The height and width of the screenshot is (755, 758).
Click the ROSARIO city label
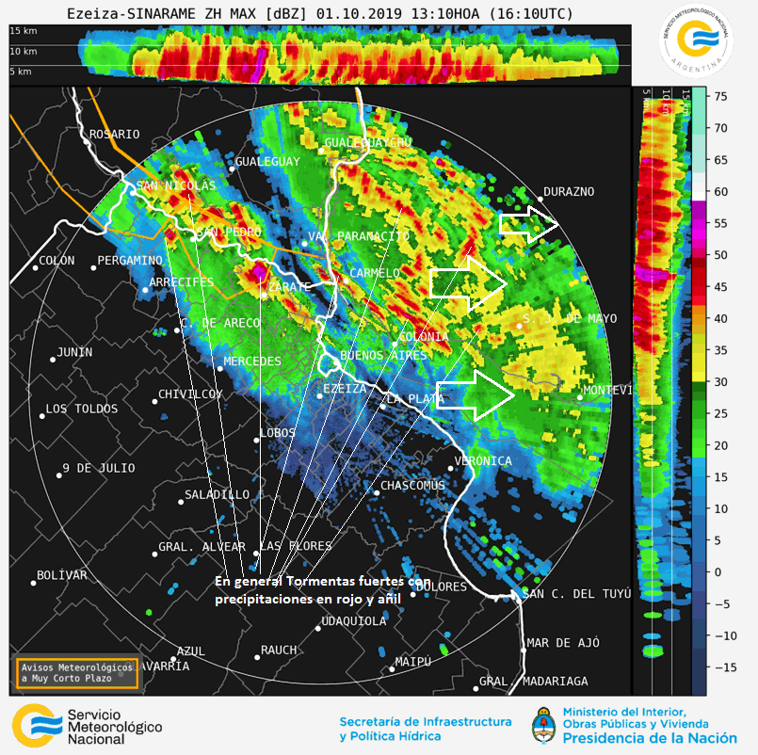114,135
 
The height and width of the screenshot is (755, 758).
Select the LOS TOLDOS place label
82,410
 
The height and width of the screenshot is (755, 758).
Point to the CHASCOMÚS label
411,486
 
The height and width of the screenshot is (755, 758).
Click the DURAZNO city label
569,191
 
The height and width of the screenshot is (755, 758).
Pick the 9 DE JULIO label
99,468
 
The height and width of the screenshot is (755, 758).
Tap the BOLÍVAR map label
62,575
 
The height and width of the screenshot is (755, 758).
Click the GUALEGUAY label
267,162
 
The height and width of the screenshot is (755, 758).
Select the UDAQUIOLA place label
354,621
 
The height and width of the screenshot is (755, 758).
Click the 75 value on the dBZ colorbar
718,96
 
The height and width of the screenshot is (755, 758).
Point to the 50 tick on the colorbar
718,255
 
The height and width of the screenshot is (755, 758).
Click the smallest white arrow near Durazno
528,225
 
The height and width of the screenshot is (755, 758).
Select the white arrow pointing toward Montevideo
476,394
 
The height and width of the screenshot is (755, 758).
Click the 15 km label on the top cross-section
24,31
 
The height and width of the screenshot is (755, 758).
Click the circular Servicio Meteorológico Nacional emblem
698,40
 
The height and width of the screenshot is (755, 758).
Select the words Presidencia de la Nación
651,737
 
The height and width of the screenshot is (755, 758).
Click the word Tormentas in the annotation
321,581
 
